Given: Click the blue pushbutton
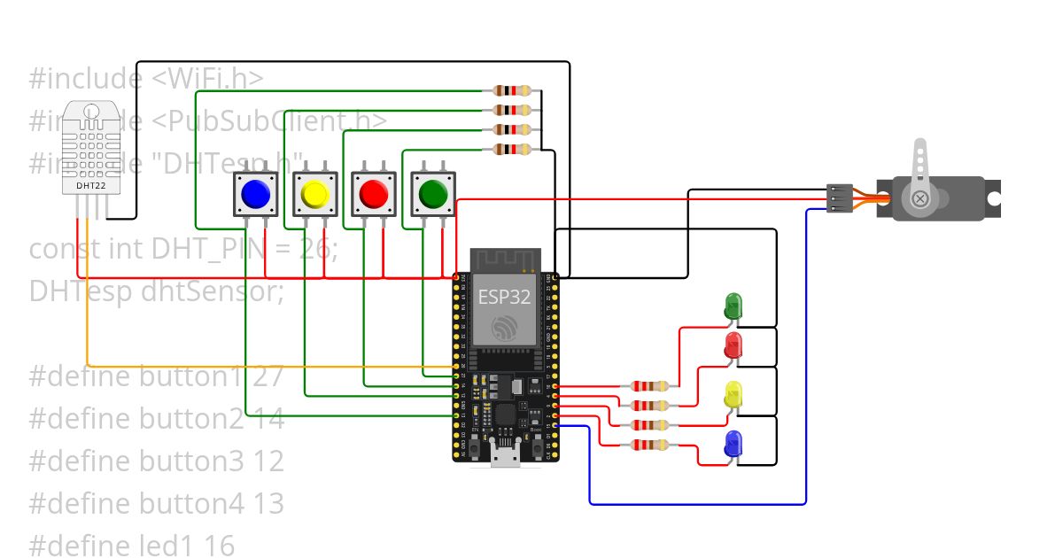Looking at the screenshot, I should click(255, 193).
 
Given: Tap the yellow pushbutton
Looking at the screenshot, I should click(314, 193).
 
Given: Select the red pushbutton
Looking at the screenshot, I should click(373, 193).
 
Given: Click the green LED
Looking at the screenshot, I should click(733, 306).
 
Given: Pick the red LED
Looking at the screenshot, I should click(733, 345).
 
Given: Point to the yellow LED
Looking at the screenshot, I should click(733, 395).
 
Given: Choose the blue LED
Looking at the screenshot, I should click(733, 444).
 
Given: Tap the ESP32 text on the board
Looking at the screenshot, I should click(504, 297).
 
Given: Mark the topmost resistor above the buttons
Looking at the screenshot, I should click(512, 90).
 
